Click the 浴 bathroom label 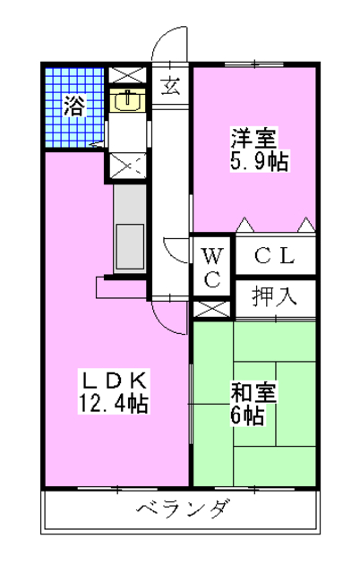[x=74, y=105]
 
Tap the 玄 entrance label [x=169, y=87]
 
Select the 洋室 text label [x=254, y=139]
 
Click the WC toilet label [x=212, y=265]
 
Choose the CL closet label [x=274, y=255]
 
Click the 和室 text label [x=254, y=391]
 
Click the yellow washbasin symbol [x=126, y=100]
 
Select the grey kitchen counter [x=130, y=228]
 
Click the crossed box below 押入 [x=211, y=309]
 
